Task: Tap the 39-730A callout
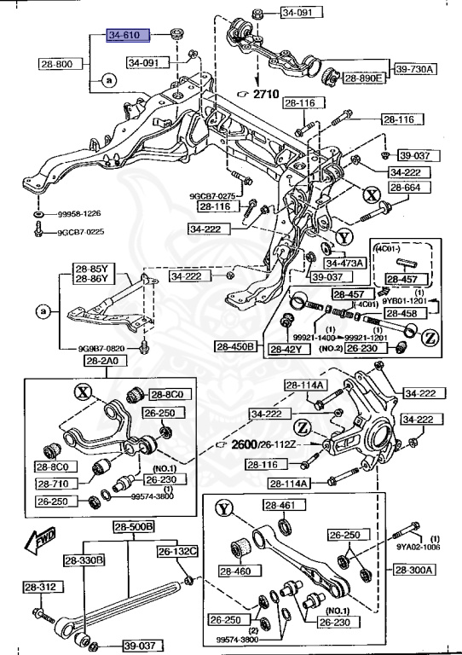click(x=414, y=68)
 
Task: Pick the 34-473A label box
click(x=344, y=264)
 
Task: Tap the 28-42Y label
click(x=287, y=350)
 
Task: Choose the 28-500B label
click(x=133, y=527)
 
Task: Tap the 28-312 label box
click(x=40, y=587)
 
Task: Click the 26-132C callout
click(x=176, y=551)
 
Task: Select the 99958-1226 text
click(x=81, y=215)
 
